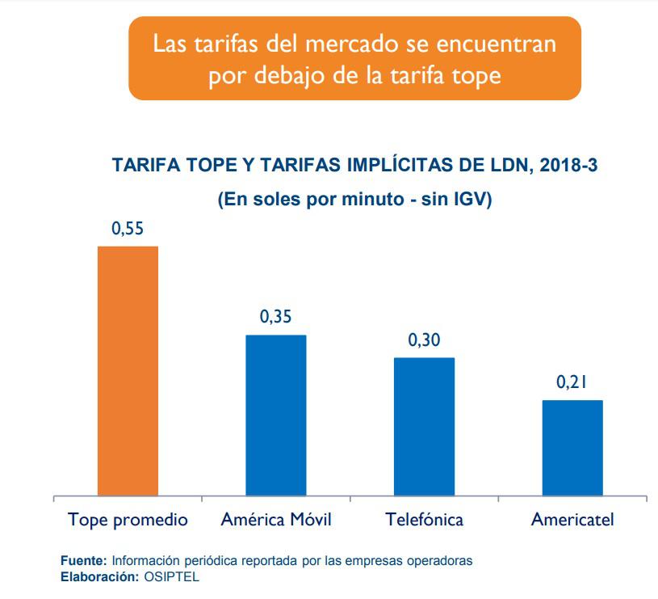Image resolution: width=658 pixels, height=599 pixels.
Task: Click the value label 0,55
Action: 128,229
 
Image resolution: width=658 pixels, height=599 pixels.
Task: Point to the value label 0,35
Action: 276,318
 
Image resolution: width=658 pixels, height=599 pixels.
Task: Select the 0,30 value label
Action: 424,340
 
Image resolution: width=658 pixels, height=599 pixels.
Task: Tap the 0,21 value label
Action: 572,382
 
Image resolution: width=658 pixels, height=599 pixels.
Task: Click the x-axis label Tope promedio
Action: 128,519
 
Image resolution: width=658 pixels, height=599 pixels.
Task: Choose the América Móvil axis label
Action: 276,519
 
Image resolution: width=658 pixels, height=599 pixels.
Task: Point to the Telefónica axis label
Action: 424,519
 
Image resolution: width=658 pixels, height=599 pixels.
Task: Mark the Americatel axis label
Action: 572,519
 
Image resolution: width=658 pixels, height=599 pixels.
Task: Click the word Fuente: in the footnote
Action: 84,560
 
